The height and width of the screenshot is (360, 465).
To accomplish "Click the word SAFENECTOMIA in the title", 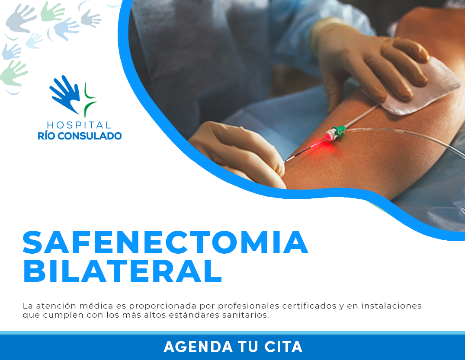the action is tap(166, 243).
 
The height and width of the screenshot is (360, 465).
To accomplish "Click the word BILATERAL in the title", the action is tap(122, 271).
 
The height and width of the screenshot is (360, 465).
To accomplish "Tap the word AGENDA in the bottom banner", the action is tap(198, 347).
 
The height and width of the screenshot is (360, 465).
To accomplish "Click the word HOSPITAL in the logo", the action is tap(79, 125).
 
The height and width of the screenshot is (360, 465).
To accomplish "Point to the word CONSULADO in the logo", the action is tap(90, 136).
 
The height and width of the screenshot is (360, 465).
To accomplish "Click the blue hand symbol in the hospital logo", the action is tap(65, 94).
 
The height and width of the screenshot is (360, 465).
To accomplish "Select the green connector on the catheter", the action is tap(338, 131).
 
